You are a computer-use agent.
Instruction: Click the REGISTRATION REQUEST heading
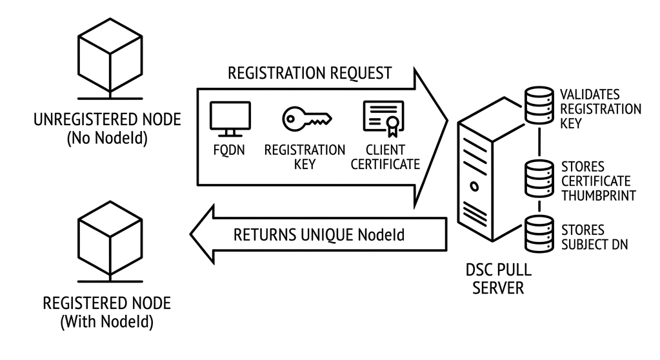coord(310,73)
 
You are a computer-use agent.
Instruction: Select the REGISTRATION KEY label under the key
coord(305,157)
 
